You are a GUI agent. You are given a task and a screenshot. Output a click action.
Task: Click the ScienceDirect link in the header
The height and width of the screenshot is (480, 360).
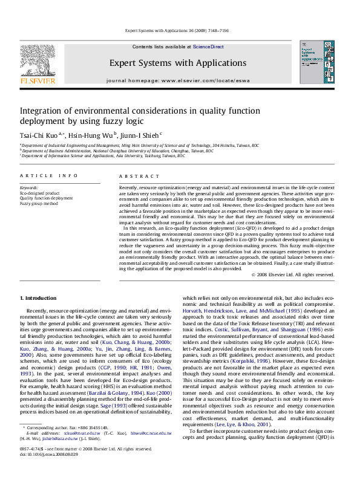pyautogui.click(x=211, y=47)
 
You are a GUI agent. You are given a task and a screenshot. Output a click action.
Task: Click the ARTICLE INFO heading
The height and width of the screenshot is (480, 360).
pyautogui.click(x=48, y=176)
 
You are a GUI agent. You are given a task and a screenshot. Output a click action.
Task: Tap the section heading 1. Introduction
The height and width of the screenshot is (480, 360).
pyautogui.click(x=39, y=299)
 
